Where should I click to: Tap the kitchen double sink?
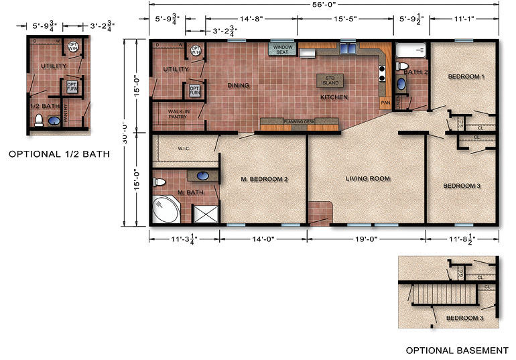pyautogui.click(x=347, y=49)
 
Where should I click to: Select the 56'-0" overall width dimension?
pyautogui.click(x=323, y=5)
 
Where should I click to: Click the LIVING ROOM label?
pyautogui.click(x=367, y=179)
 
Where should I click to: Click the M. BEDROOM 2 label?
pyautogui.click(x=264, y=179)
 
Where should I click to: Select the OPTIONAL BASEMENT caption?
pyautogui.click(x=457, y=350)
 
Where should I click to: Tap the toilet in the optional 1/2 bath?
pyautogui.click(x=39, y=121)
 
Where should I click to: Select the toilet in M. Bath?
pyautogui.click(x=159, y=182)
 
